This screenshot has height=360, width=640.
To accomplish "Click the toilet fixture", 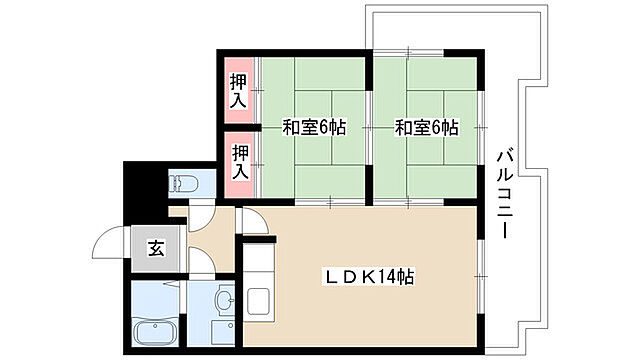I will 186,183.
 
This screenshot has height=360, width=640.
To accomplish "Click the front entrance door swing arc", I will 108,245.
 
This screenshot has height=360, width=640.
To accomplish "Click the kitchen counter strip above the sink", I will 258,262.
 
